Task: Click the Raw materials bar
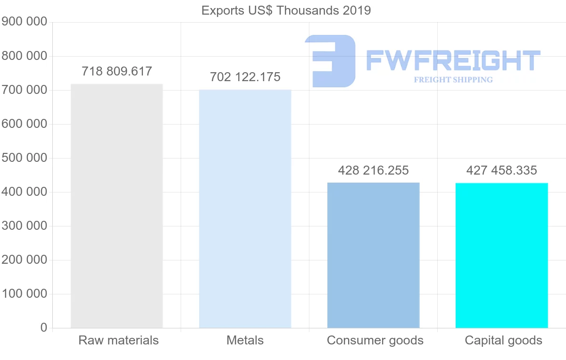[x=117, y=206]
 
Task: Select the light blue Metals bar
[x=245, y=209]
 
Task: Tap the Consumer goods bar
[x=373, y=255]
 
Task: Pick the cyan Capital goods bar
[x=501, y=255]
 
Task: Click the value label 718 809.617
[x=117, y=72]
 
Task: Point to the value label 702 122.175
[x=245, y=77]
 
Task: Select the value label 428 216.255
[x=374, y=170]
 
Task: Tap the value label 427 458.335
[x=502, y=170]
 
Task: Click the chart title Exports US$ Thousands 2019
[x=286, y=10]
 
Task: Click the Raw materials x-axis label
[x=118, y=340]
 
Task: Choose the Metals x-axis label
[x=245, y=340]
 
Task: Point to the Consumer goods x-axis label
[x=375, y=340]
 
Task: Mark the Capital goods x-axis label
[x=503, y=340]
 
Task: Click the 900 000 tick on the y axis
[x=25, y=22]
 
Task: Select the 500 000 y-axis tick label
[x=25, y=158]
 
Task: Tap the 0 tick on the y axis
[x=44, y=327]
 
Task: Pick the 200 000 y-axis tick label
[x=25, y=260]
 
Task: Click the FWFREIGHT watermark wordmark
[x=453, y=60]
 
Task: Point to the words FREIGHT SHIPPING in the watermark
[x=453, y=80]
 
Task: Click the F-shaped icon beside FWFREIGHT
[x=330, y=60]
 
